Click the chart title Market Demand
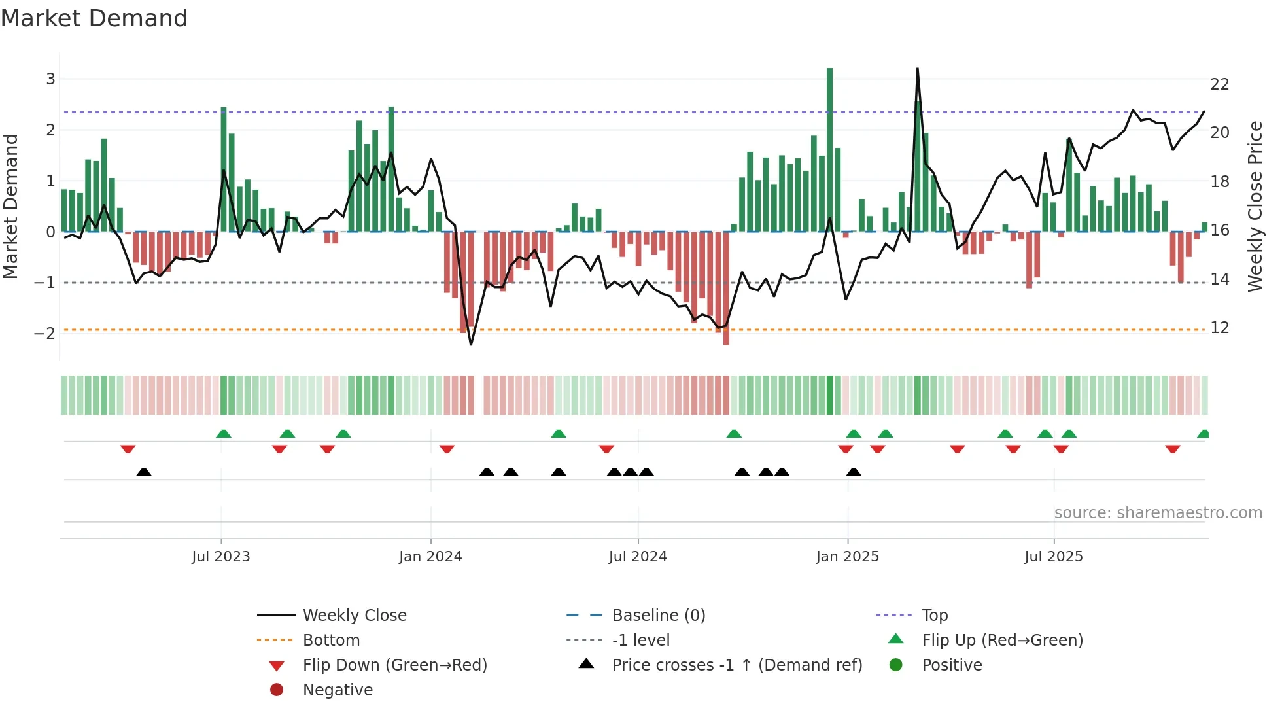click(94, 18)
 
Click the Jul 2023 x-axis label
click(221, 556)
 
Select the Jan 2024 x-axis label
click(430, 556)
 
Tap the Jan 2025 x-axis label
click(847, 556)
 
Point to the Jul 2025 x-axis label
click(1053, 556)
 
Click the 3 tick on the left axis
click(50, 79)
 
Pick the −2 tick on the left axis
click(45, 333)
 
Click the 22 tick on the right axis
click(1220, 84)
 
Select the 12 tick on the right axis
click(1220, 328)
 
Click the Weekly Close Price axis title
click(1255, 206)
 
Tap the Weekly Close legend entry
click(354, 616)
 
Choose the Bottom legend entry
click(331, 641)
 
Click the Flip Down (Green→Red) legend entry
click(394, 665)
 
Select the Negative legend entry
click(338, 690)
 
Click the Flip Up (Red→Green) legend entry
click(1002, 641)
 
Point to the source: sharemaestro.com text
click(1158, 513)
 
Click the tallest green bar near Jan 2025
click(829, 150)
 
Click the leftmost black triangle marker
click(144, 472)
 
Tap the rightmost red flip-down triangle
click(1172, 449)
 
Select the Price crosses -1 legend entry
click(736, 665)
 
